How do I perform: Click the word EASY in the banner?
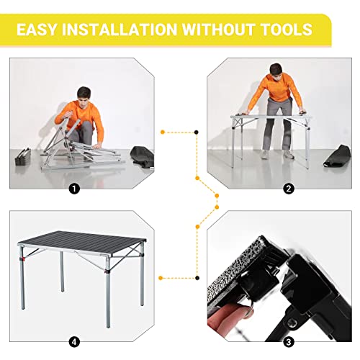pos(41,30)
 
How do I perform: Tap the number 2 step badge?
pos(289,189)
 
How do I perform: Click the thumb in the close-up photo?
pos(234,310)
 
